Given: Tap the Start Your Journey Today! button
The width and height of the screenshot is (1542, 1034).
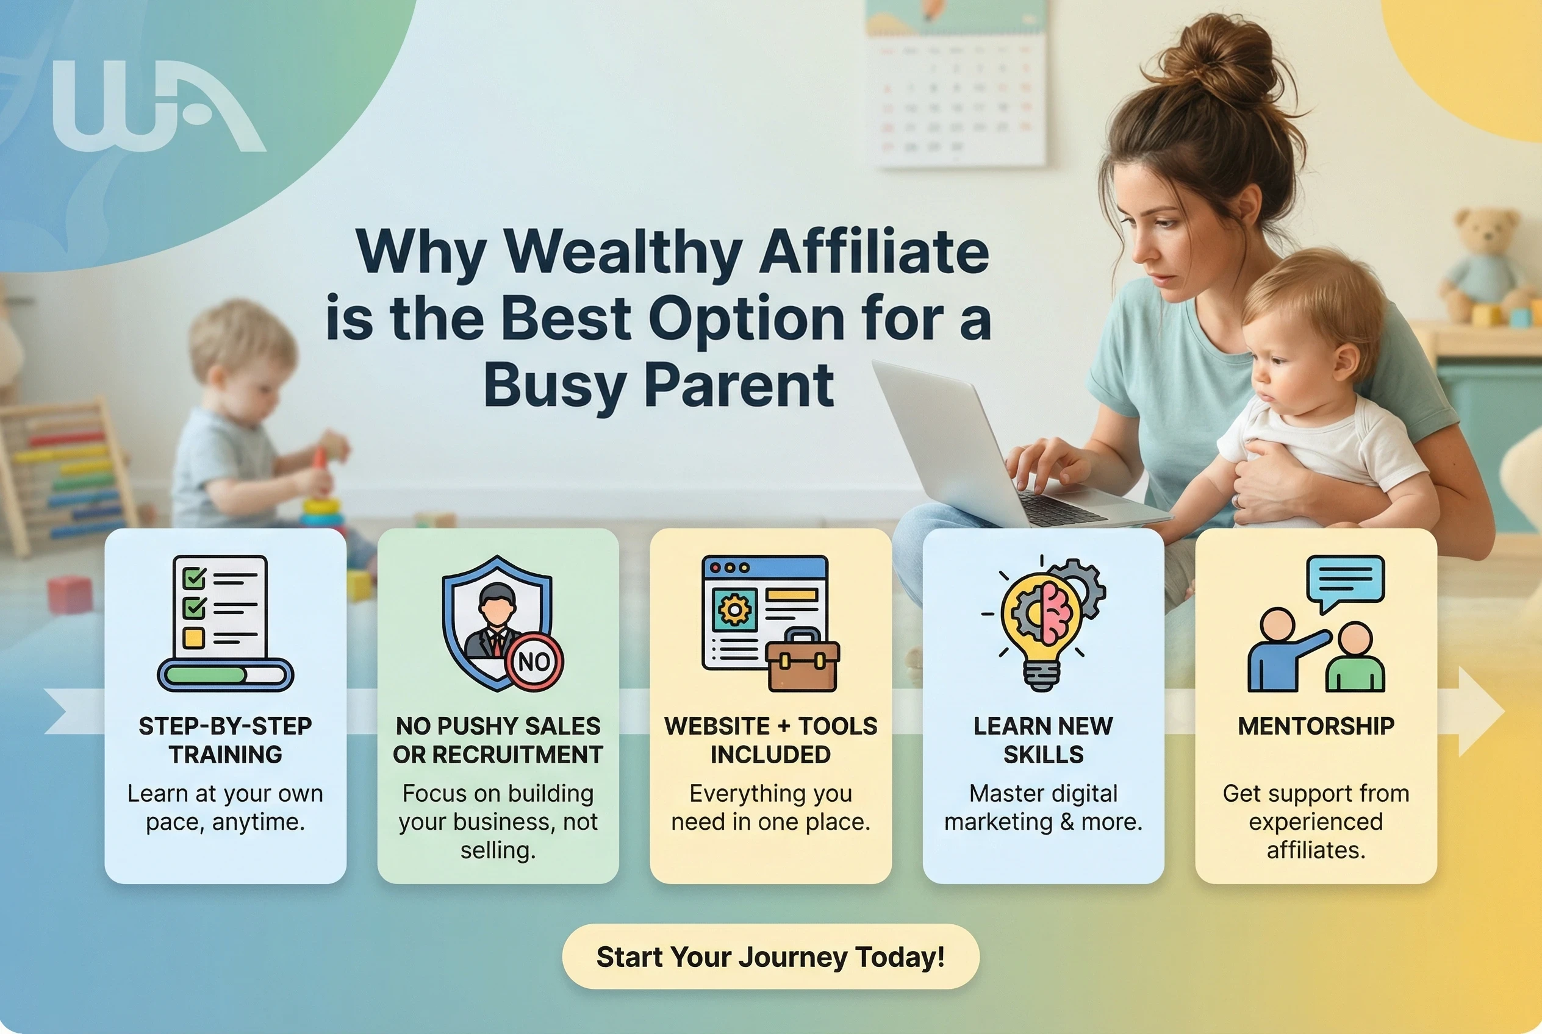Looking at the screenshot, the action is [x=770, y=956].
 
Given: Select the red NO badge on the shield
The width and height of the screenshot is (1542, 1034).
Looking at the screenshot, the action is [x=534, y=661].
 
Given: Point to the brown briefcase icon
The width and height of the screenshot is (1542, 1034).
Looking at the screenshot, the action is [x=803, y=660].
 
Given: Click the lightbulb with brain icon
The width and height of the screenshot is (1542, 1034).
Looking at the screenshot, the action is [x=1042, y=623].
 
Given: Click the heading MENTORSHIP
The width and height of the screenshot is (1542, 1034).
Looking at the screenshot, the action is [x=1316, y=726].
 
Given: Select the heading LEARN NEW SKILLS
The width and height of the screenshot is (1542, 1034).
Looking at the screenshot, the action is [x=1043, y=740].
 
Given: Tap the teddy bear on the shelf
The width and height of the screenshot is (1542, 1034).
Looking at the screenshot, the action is [x=1487, y=264].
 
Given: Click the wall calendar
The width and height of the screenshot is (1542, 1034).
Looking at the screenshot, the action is [x=955, y=82].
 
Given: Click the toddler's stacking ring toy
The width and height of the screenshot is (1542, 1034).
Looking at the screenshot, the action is [x=323, y=508].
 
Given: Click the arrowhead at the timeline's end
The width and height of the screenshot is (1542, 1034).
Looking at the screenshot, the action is [x=1480, y=711].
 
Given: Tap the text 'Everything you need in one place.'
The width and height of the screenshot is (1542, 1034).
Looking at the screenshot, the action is [x=770, y=807].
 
